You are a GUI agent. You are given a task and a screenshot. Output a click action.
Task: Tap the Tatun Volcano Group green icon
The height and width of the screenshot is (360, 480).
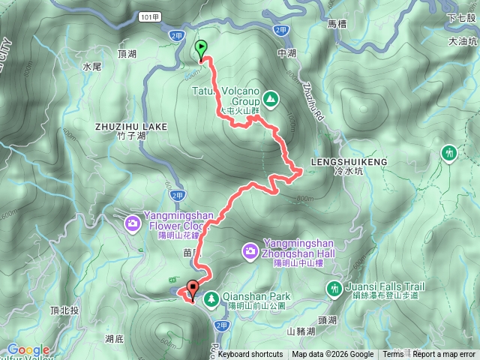[270, 98]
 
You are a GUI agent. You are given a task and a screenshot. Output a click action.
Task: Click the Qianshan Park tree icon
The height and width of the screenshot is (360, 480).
[212, 298]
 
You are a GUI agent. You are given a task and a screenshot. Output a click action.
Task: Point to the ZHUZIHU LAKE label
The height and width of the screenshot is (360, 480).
[131, 127]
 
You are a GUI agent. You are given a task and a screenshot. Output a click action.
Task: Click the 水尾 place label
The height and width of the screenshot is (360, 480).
[91, 67]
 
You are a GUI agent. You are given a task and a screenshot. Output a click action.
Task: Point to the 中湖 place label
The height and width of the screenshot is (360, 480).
[287, 53]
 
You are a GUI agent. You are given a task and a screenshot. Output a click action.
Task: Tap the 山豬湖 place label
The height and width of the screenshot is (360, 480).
[299, 331]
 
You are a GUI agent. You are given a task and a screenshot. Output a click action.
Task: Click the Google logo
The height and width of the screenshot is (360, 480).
[28, 349]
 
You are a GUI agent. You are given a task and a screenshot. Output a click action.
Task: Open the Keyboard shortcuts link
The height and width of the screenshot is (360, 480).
[250, 355]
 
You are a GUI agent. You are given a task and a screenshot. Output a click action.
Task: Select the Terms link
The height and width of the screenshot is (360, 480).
[393, 355]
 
